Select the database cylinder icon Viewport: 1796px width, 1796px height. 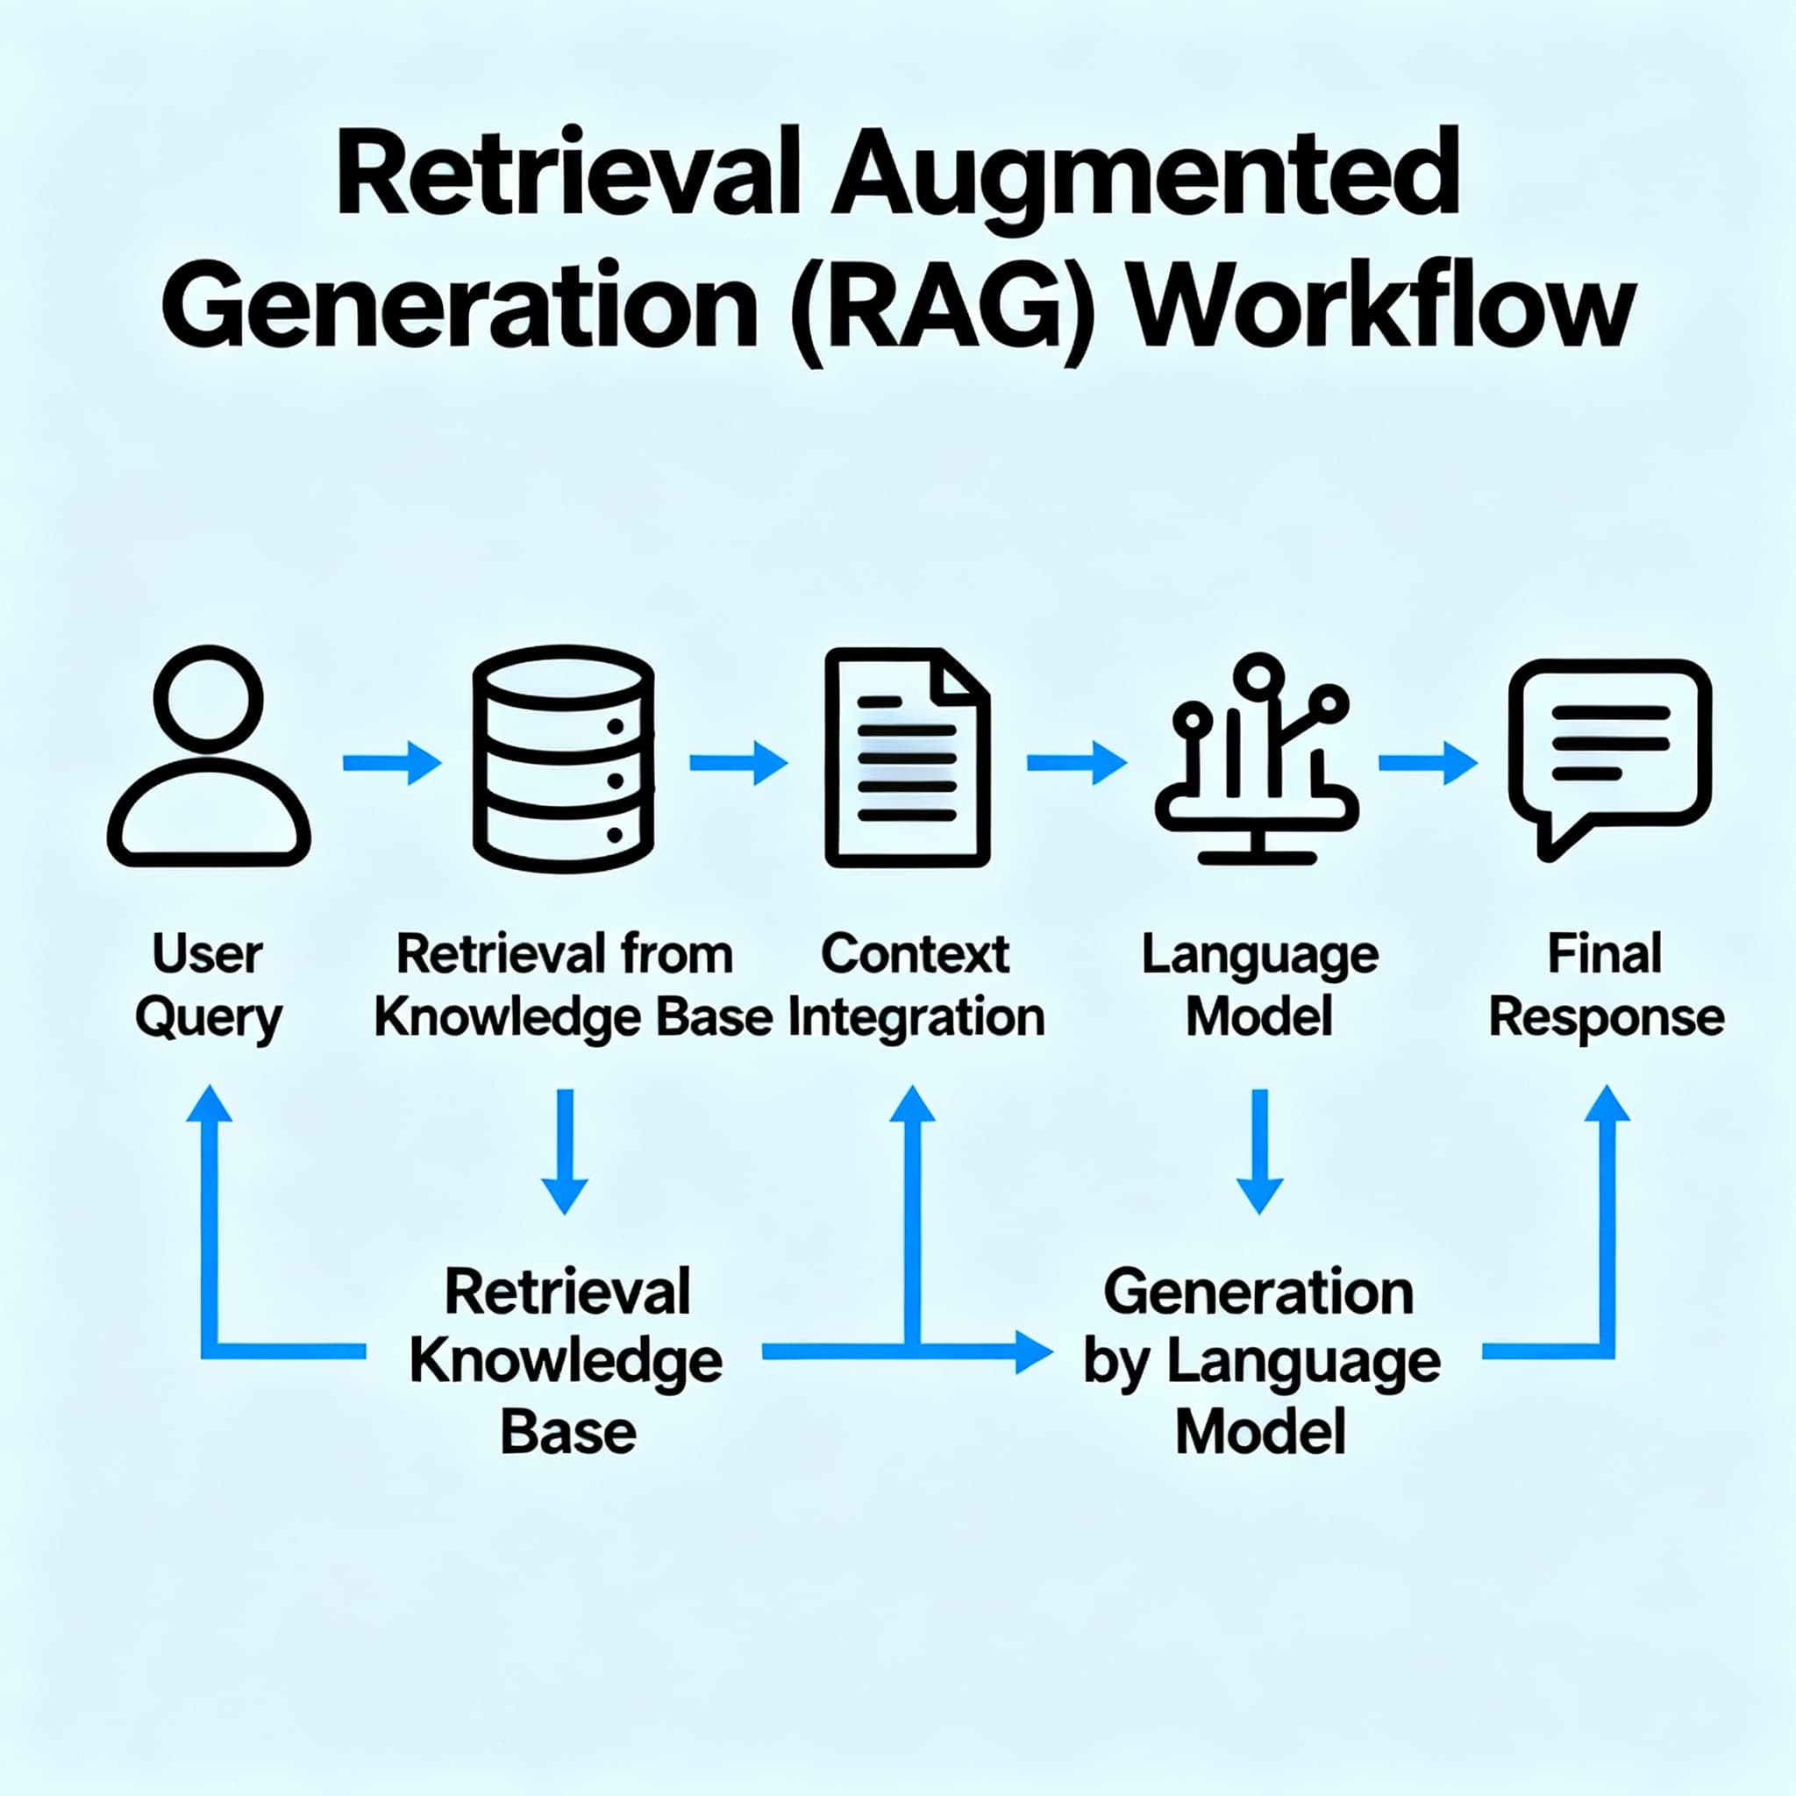point(563,759)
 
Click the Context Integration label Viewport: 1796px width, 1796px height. point(916,987)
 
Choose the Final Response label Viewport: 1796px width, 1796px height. point(1607,987)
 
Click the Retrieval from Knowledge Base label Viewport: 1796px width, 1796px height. point(571,987)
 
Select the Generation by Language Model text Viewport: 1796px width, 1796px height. point(1260,1361)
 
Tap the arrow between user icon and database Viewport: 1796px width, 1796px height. point(391,763)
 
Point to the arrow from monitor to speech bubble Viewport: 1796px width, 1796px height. point(1427,763)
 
